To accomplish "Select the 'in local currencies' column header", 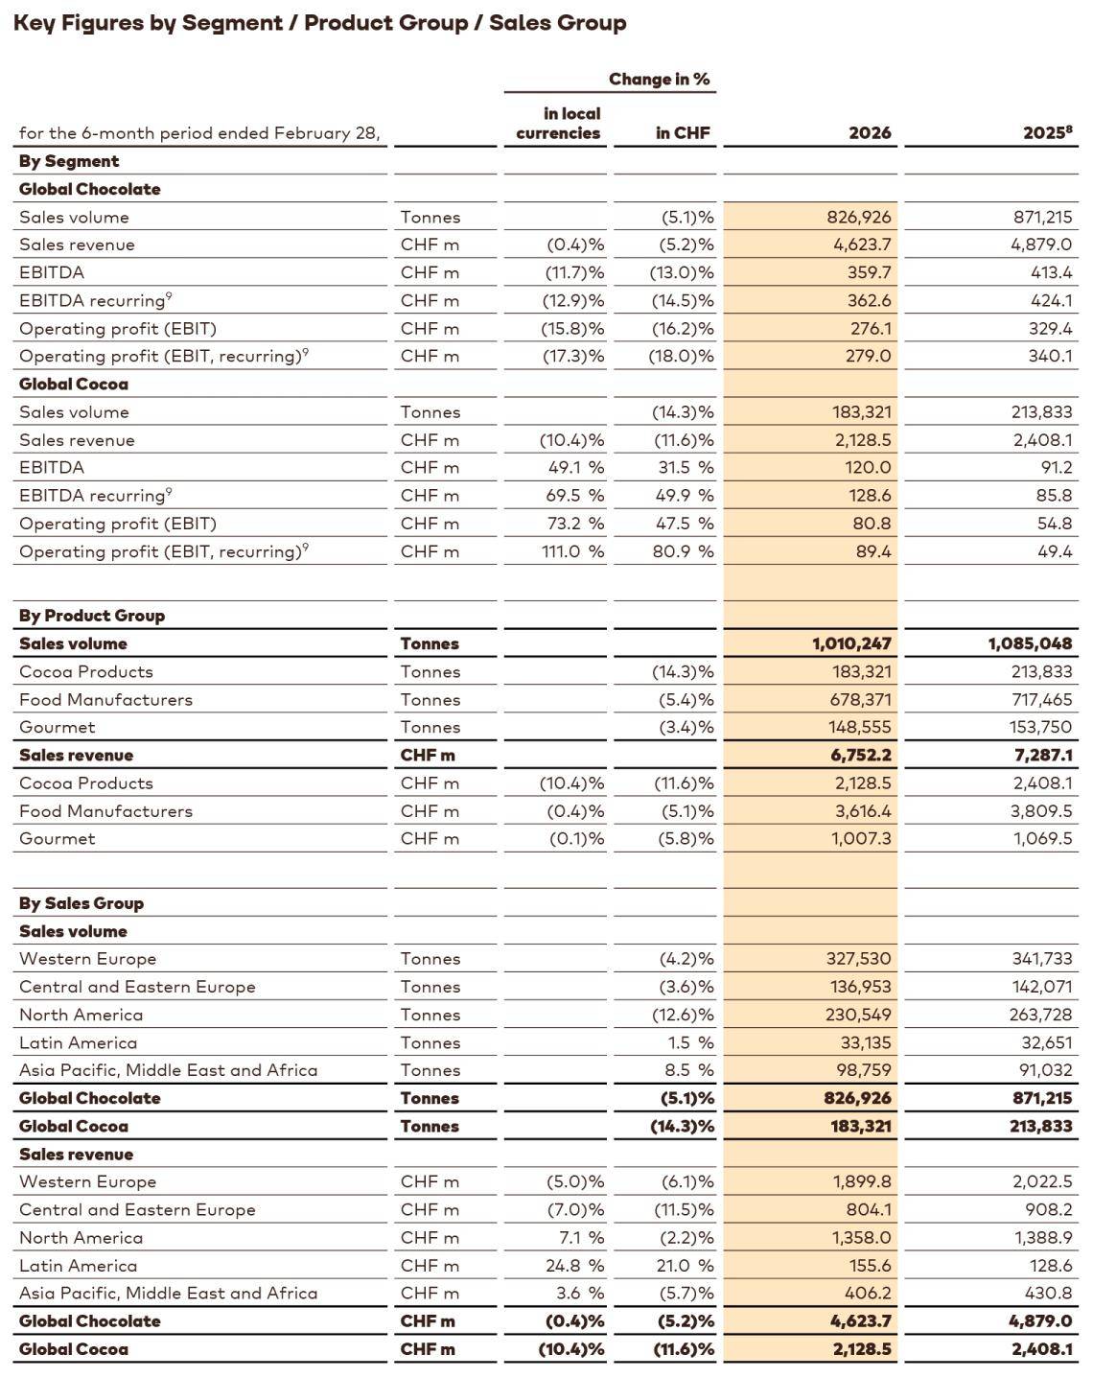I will tap(558, 124).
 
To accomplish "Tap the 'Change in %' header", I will tap(659, 79).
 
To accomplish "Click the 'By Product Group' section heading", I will tap(92, 616).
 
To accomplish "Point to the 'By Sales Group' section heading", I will tap(81, 903).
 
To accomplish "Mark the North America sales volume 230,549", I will tap(859, 1015).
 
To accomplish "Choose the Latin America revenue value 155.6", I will tap(870, 1266).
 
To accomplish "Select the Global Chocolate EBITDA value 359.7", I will tap(870, 272).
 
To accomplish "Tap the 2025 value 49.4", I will tap(1055, 551).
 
